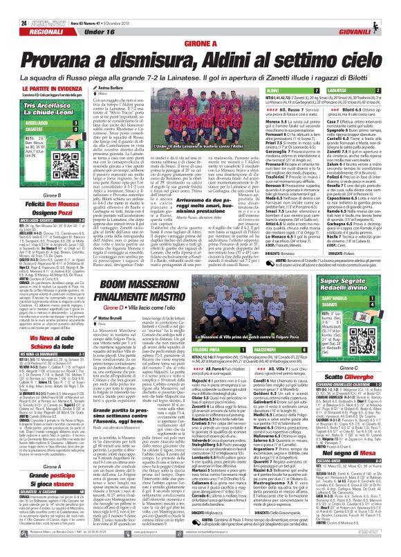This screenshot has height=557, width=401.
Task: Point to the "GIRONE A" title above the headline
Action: click(x=200, y=44)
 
